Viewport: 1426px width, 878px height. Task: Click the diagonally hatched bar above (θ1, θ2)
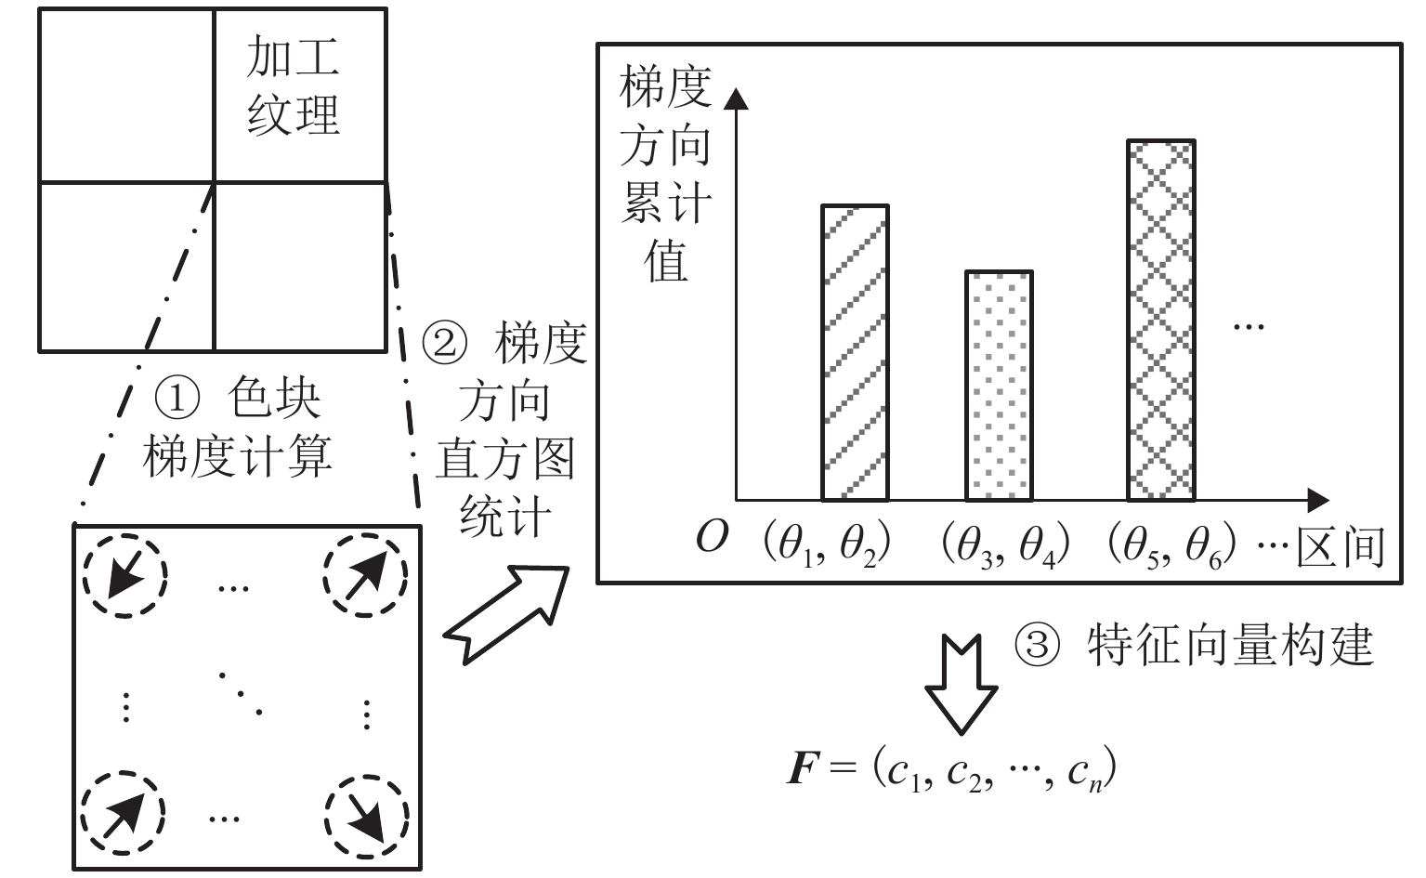[x=855, y=353]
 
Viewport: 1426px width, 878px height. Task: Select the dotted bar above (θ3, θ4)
[x=999, y=386]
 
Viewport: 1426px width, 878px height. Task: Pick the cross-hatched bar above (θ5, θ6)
[x=1160, y=321]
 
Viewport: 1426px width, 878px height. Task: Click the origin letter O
[x=712, y=538]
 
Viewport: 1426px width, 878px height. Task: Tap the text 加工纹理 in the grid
[x=294, y=86]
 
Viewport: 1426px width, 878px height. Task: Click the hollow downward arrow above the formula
[x=961, y=684]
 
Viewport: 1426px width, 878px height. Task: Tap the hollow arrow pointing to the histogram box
[x=505, y=614]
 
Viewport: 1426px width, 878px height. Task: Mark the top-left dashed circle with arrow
[x=124, y=576]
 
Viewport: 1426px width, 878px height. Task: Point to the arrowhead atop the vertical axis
[x=736, y=98]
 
